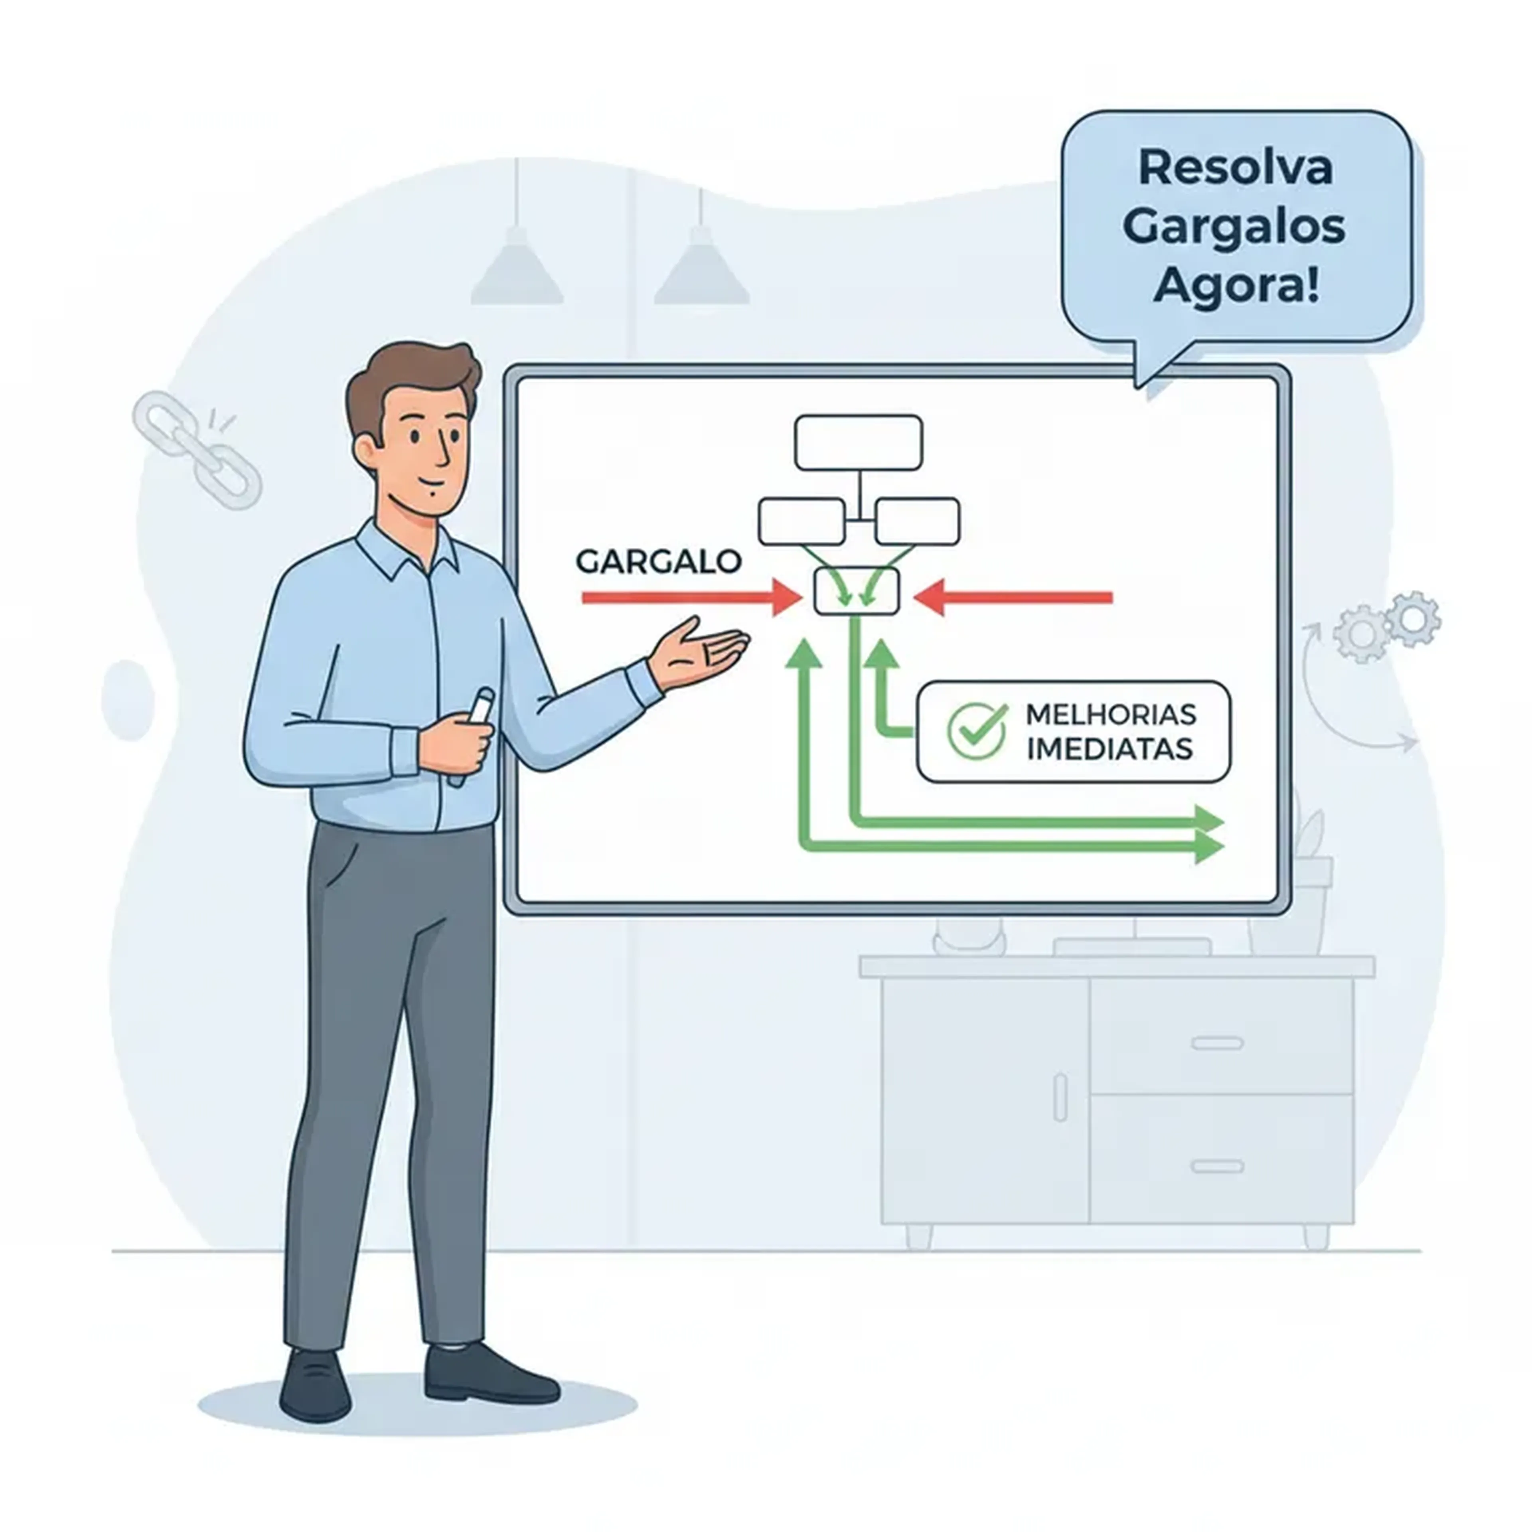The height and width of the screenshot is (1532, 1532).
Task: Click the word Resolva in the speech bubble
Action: pyautogui.click(x=1236, y=168)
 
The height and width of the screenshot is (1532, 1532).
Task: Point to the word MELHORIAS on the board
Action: pyautogui.click(x=1110, y=715)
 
